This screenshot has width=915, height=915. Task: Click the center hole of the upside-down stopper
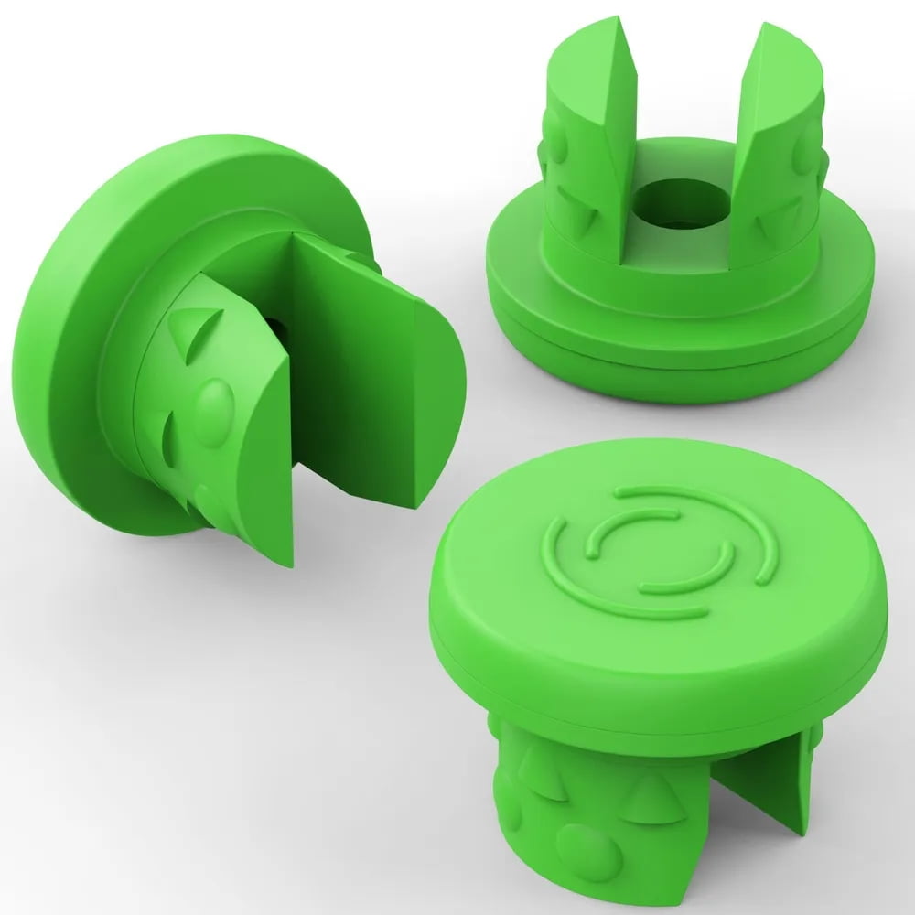tap(683, 203)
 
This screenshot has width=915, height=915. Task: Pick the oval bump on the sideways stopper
tap(212, 412)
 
